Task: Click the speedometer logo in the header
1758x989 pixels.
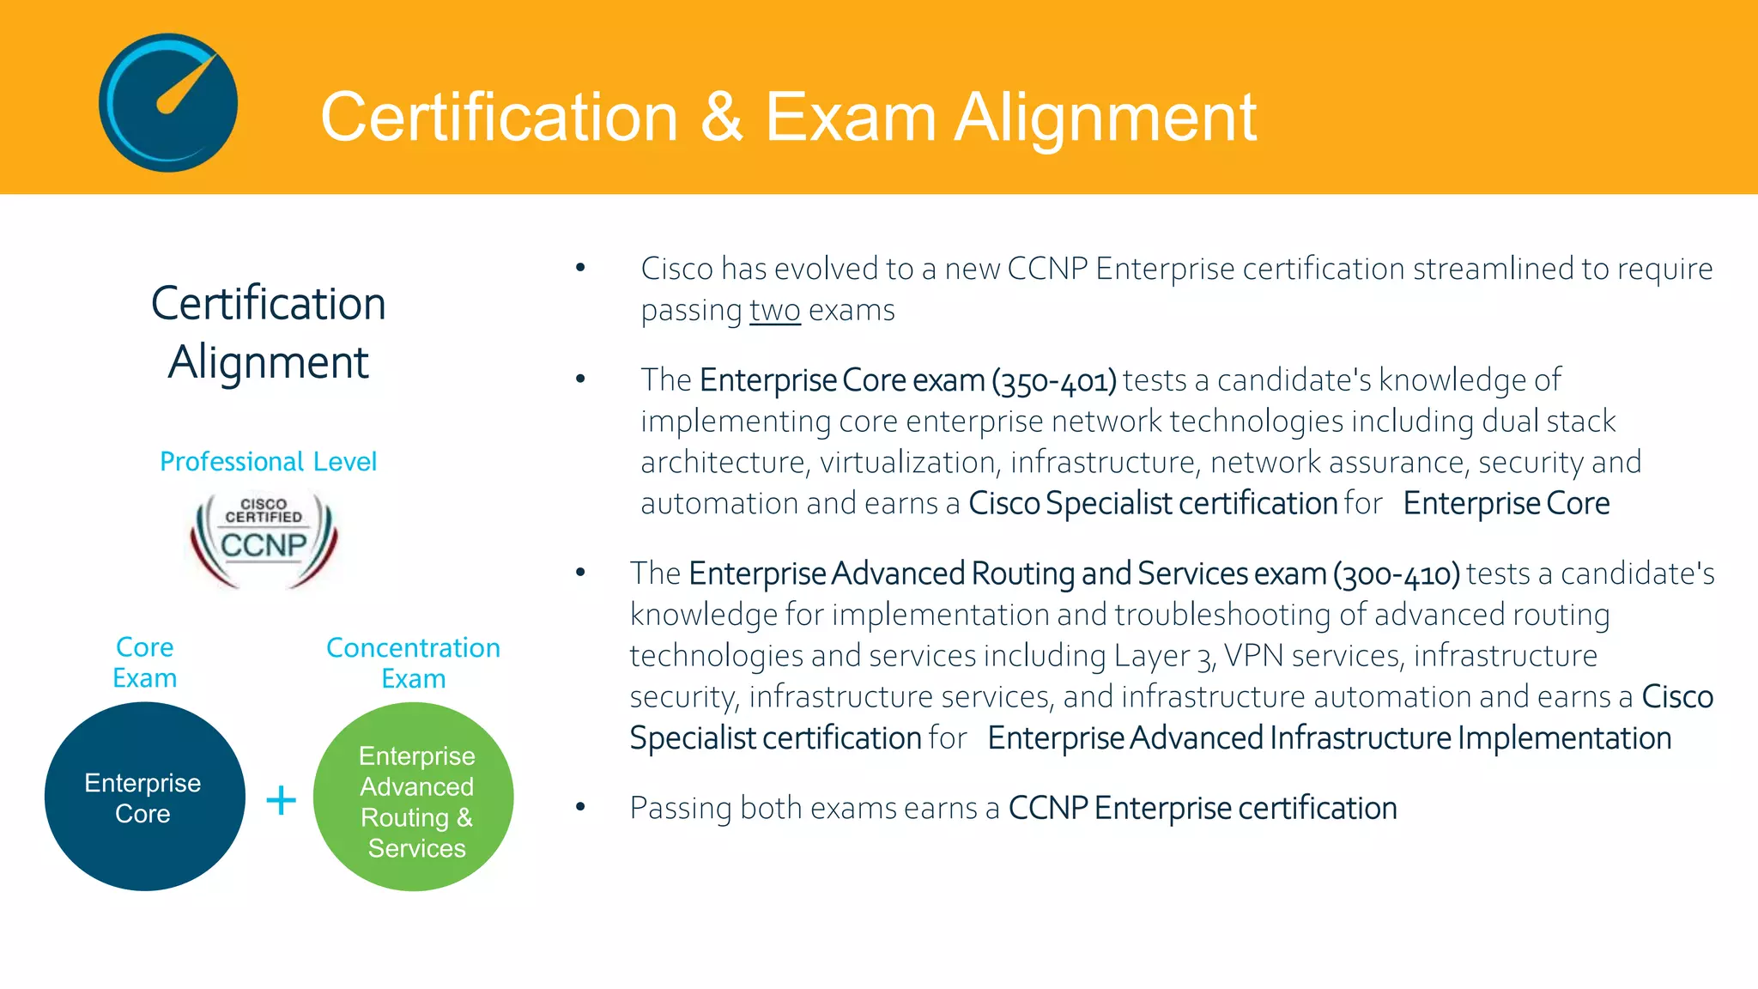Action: point(168,102)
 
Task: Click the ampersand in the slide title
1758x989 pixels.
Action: point(721,118)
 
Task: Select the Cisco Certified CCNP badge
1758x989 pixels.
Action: point(264,539)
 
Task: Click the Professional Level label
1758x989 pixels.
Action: point(268,462)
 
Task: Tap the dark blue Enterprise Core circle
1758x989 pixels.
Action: point(144,797)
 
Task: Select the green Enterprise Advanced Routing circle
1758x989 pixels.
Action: point(414,797)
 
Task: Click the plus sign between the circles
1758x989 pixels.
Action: point(281,800)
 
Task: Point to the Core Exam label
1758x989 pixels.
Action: point(144,662)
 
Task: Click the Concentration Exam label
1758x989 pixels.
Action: point(413,663)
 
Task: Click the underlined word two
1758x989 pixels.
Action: point(774,311)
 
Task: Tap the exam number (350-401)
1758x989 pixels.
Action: point(1054,380)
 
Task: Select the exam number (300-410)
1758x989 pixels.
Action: point(1396,573)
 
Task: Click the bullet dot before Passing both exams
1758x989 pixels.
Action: point(580,806)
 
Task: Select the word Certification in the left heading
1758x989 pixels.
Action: point(268,304)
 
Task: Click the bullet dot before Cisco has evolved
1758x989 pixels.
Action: point(580,268)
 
